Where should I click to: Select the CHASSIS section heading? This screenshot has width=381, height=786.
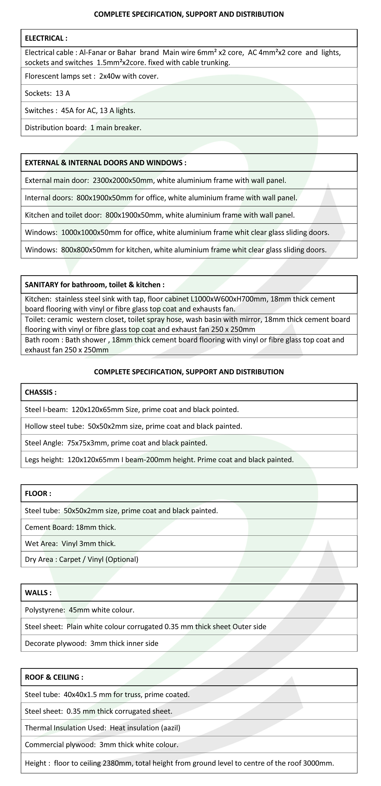click(x=41, y=392)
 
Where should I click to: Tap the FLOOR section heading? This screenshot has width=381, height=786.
click(x=38, y=493)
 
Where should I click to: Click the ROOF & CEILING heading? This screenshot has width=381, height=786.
click(x=54, y=677)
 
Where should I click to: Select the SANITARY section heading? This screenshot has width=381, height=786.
click(x=95, y=285)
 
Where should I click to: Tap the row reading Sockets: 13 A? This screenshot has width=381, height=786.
click(x=48, y=93)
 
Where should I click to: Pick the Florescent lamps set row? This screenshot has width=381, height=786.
click(x=92, y=76)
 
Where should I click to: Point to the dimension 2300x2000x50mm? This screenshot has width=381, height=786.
click(x=123, y=180)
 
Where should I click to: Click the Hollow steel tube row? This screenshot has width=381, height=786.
click(x=133, y=426)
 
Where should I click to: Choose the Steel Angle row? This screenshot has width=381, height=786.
click(x=116, y=443)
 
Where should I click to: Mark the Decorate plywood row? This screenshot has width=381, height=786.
click(x=92, y=643)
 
